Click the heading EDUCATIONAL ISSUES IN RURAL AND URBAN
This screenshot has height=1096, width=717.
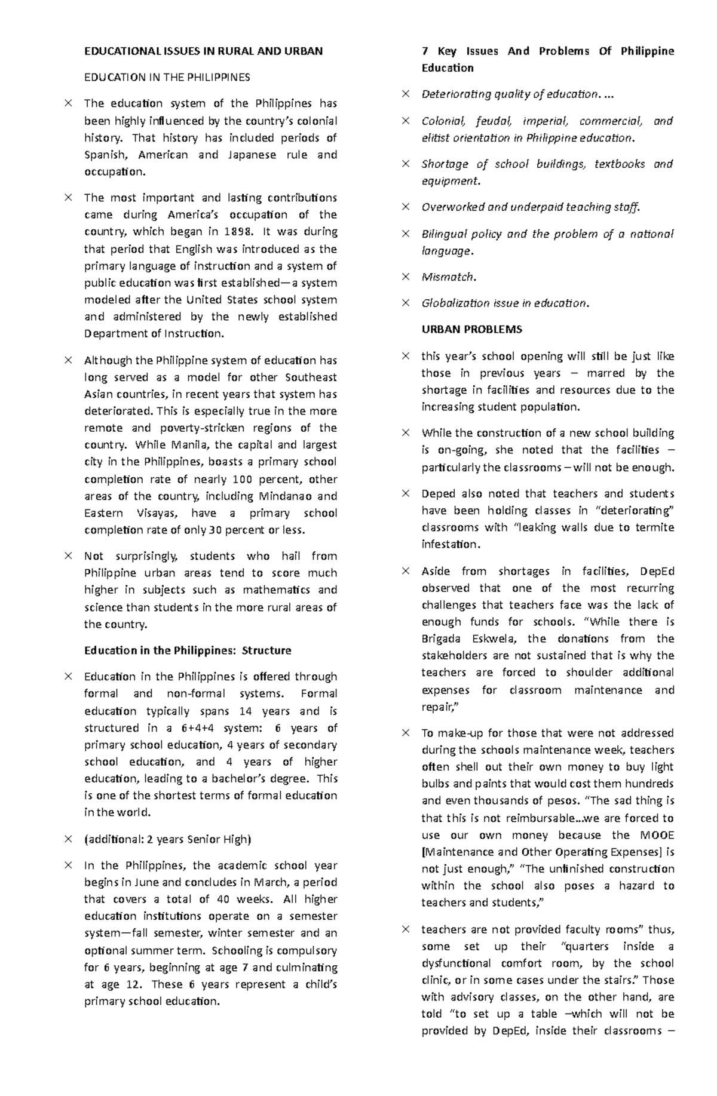pos(203,51)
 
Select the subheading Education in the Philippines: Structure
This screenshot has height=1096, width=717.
pos(188,650)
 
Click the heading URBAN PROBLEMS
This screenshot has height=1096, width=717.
pos(471,330)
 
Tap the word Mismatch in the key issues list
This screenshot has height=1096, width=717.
pos(448,277)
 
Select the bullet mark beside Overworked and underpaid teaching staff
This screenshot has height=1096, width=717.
pos(406,207)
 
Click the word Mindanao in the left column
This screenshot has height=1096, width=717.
pos(281,496)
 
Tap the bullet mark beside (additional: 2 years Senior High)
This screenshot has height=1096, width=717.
pos(68,839)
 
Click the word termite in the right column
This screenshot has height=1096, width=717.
pos(655,527)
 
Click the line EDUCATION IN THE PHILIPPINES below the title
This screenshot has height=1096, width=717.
pos(167,78)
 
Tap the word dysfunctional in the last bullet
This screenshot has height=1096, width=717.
pos(455,963)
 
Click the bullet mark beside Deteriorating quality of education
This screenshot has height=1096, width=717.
pos(406,94)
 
